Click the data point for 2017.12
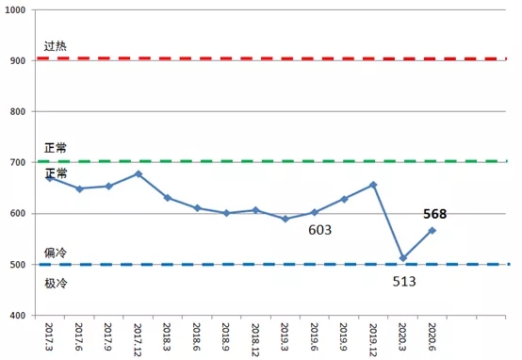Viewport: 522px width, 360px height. coord(139,173)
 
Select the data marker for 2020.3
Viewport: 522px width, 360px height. coord(403,258)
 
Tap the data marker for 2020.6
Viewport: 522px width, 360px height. coord(432,231)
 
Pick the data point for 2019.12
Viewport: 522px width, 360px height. coord(373,185)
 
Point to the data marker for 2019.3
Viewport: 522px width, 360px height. coord(285,219)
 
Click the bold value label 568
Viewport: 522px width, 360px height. coord(434,214)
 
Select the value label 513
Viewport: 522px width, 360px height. coord(404,282)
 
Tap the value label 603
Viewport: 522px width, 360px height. coord(320,230)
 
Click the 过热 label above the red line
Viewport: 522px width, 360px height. coord(56,46)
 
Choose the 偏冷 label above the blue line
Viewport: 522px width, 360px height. coord(56,253)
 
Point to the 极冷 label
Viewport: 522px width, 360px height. coord(56,284)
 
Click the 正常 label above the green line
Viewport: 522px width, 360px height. coord(56,148)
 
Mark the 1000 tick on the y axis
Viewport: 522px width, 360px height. coord(15,10)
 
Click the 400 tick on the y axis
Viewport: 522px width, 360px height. coord(18,316)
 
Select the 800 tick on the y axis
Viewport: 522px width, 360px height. coord(18,111)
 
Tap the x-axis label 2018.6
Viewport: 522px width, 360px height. coord(197,336)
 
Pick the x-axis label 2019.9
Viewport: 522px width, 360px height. coord(344,336)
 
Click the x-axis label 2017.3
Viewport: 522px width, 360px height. coord(50,336)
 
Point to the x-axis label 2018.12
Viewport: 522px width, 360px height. coord(255,339)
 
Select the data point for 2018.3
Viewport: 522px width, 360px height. coord(168,198)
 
